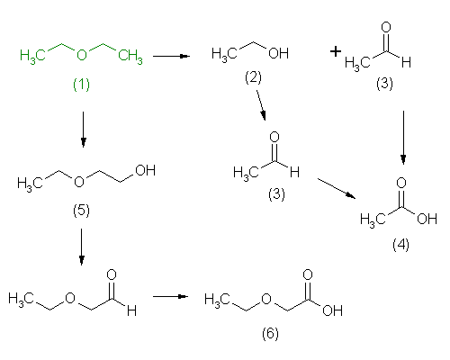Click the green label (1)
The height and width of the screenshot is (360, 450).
(81, 85)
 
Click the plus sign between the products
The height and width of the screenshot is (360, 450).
(336, 51)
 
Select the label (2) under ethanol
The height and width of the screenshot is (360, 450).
(253, 77)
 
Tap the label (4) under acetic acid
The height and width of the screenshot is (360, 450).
(400, 245)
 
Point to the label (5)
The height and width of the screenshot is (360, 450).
(81, 211)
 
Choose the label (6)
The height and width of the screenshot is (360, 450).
(270, 334)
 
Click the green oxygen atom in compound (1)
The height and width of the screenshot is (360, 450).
(82, 55)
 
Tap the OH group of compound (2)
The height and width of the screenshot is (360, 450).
(279, 53)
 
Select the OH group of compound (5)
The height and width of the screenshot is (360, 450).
(146, 170)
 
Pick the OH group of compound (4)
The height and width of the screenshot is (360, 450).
(427, 219)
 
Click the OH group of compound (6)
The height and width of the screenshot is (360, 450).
(332, 310)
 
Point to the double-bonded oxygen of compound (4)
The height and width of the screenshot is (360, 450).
(401, 183)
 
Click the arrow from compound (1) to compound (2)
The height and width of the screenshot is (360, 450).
(171, 56)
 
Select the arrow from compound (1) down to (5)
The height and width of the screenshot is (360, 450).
(83, 130)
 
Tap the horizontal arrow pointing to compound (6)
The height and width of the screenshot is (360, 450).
(170, 296)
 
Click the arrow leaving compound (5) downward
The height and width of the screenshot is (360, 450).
(81, 247)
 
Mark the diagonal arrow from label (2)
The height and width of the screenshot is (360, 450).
(261, 105)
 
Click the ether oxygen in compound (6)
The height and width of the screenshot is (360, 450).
(266, 299)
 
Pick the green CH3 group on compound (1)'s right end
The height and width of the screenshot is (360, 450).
(130, 56)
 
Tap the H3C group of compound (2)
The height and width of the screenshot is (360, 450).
(224, 55)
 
